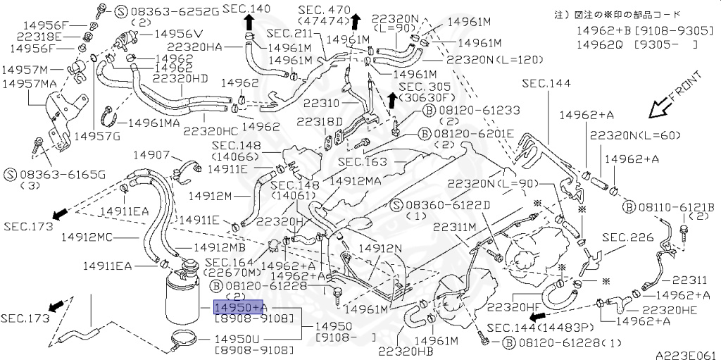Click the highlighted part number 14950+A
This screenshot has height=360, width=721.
point(239,308)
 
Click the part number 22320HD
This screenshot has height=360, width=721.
point(180,78)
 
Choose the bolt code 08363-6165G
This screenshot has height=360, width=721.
point(54,173)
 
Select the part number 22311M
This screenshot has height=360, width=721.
point(455,227)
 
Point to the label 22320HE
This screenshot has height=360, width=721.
point(669,309)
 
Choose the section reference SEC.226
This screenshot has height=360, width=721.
point(628,237)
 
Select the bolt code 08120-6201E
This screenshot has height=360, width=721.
point(476,133)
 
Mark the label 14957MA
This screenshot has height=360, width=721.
point(29,84)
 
